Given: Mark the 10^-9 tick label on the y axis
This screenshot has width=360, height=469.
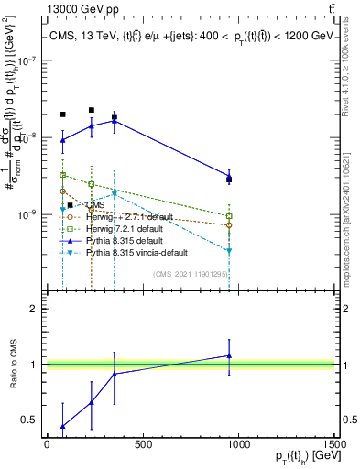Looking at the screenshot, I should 27,213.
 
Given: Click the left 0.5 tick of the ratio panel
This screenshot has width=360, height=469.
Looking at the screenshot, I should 33,420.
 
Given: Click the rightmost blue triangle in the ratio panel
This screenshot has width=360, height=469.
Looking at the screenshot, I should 229,355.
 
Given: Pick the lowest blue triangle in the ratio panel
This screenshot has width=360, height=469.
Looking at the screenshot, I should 62,426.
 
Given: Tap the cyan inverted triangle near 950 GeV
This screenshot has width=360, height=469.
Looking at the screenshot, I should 229,250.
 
